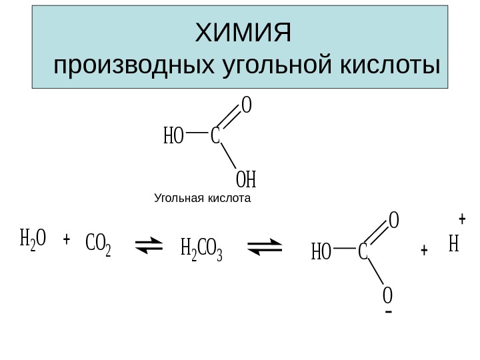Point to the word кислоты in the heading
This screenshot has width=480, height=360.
(391, 67)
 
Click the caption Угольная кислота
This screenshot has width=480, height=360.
(202, 198)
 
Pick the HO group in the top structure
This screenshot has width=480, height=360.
(173, 137)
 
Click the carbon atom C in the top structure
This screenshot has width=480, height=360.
(215, 137)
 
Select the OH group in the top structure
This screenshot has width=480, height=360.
(246, 179)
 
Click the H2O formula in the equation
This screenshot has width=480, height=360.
(32, 239)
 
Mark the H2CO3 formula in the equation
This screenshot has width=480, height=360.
(201, 251)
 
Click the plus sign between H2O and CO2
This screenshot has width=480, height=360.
(66, 239)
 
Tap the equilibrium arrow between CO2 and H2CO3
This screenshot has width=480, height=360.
(153, 248)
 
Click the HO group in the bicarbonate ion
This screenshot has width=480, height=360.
(321, 252)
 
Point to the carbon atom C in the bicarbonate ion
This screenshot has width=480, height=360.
(363, 252)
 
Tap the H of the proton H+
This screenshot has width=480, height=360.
(454, 245)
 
